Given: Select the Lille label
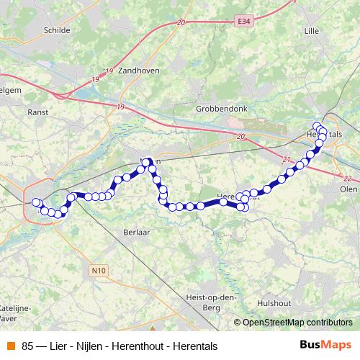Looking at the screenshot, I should tap(311, 30).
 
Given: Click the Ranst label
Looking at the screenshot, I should tap(37, 112).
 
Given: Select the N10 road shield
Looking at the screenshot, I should tap(99, 270).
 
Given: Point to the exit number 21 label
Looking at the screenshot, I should tap(287, 159).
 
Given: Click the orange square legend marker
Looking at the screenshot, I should tap(9, 346).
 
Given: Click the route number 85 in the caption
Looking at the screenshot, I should tap(28, 346).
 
